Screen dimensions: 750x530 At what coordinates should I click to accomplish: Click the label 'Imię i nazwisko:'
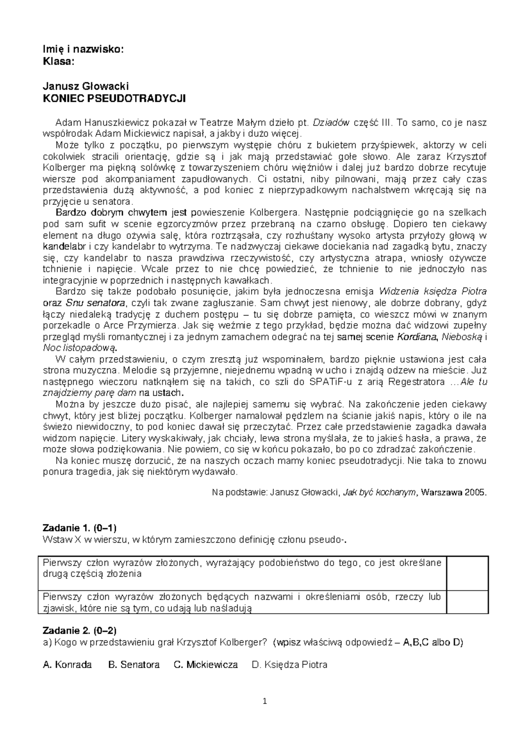pos(83,50)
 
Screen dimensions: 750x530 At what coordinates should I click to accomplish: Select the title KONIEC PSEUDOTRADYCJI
pos(114,98)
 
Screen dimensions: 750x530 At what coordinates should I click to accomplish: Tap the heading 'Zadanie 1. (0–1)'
pos(79,527)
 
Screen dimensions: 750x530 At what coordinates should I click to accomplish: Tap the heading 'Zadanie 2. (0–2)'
pos(79,630)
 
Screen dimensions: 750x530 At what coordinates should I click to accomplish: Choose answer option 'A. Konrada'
pos(67,665)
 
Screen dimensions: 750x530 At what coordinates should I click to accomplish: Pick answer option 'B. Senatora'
pos(134,665)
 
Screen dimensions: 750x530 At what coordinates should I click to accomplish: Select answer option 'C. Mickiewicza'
pos(206,665)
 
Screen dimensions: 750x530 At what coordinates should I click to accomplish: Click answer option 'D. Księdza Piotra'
pos(289,665)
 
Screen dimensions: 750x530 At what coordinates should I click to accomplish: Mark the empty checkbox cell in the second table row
pos(467,602)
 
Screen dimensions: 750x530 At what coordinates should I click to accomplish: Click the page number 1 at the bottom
pos(265,701)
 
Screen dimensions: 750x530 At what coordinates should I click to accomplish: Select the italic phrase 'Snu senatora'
pos(95,303)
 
